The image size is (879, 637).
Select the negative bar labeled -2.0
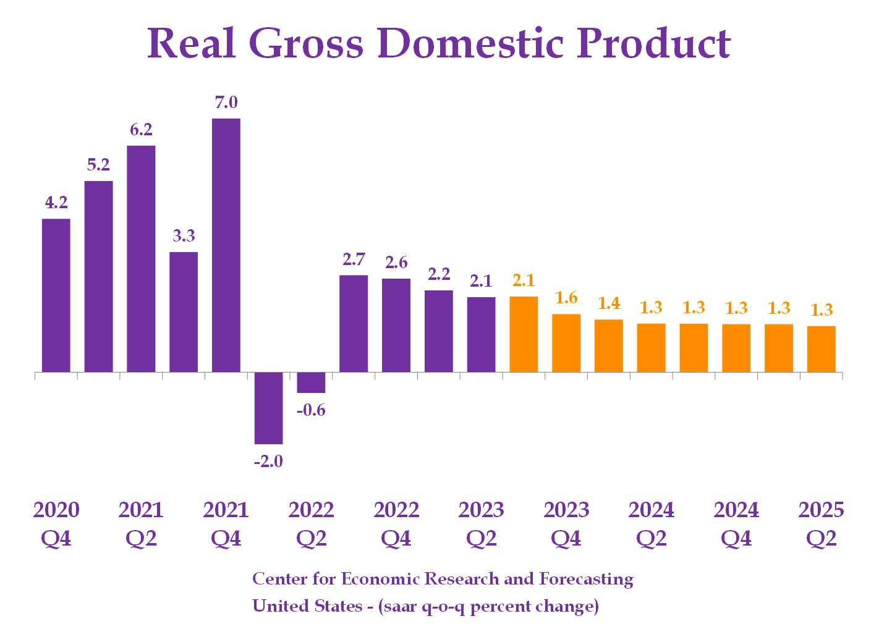pyautogui.click(x=269, y=408)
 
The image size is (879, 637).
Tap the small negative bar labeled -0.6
pyautogui.click(x=311, y=382)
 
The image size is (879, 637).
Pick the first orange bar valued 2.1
pyautogui.click(x=524, y=334)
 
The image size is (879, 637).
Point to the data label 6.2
pyautogui.click(x=141, y=130)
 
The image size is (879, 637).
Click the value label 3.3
pyautogui.click(x=184, y=235)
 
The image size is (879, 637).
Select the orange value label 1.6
pyautogui.click(x=566, y=298)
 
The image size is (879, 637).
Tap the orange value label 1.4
pyautogui.click(x=609, y=303)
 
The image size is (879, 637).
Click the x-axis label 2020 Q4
pyautogui.click(x=56, y=523)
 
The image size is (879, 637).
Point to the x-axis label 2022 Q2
pyautogui.click(x=311, y=523)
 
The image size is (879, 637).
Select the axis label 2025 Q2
pyautogui.click(x=821, y=523)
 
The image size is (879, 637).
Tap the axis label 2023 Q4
pyautogui.click(x=566, y=523)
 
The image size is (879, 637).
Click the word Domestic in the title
pyautogui.click(x=470, y=43)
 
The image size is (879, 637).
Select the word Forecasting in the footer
pyautogui.click(x=586, y=579)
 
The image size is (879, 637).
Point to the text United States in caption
pyautogui.click(x=307, y=605)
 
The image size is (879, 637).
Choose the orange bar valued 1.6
pyautogui.click(x=566, y=343)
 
